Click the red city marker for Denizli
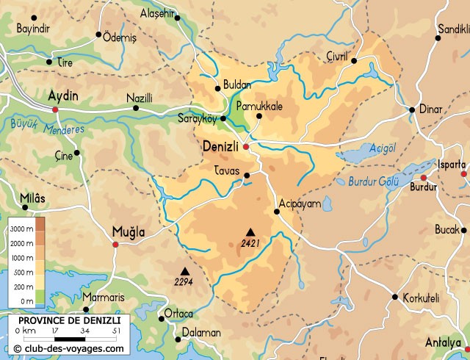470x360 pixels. (246, 147)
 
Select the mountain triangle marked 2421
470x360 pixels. (250, 231)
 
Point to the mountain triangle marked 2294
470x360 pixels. (184, 270)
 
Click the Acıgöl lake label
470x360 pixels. (381, 146)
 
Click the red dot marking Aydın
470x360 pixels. (55, 109)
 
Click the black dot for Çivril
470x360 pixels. (353, 61)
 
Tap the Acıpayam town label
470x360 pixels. (300, 204)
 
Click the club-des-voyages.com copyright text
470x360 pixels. (68, 348)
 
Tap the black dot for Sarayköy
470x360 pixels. (223, 118)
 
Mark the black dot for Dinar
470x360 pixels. (412, 110)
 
